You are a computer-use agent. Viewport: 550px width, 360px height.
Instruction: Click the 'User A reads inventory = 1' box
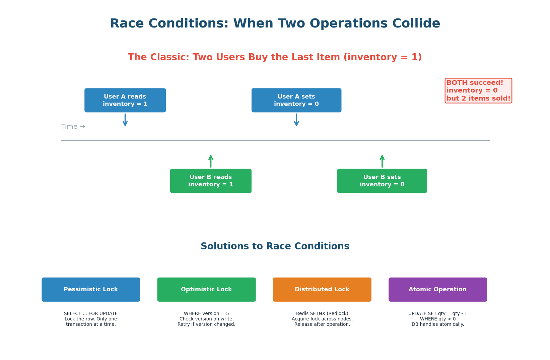pyautogui.click(x=125, y=100)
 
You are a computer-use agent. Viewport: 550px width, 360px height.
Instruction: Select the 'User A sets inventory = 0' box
pyautogui.click(x=296, y=100)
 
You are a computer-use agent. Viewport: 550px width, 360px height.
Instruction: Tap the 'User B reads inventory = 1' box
pyautogui.click(x=211, y=181)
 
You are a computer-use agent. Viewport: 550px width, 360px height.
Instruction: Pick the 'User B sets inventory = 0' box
pyautogui.click(x=382, y=181)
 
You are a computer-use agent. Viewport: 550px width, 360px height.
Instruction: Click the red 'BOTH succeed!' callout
pyautogui.click(x=478, y=91)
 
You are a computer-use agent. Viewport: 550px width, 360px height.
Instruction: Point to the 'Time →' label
pyautogui.click(x=73, y=127)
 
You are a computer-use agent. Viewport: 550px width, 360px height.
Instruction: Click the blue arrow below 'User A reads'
pyautogui.click(x=125, y=120)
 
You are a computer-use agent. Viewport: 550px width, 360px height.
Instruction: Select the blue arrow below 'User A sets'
pyautogui.click(x=296, y=120)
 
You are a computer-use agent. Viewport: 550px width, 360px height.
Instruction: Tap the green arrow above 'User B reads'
pyautogui.click(x=211, y=161)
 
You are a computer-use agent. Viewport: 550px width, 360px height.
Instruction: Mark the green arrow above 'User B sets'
pyautogui.click(x=382, y=161)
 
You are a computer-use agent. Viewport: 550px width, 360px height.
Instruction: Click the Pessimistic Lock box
pyautogui.click(x=91, y=289)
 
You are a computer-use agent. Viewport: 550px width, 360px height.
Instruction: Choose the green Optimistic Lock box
pyautogui.click(x=206, y=289)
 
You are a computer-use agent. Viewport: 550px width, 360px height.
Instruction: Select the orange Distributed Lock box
pyautogui.click(x=322, y=289)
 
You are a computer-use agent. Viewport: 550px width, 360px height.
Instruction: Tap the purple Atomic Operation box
pyautogui.click(x=437, y=289)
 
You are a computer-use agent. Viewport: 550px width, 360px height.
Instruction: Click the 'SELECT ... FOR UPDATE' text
pyautogui.click(x=91, y=314)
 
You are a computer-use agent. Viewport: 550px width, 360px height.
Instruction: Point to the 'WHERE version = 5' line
pyautogui.click(x=206, y=314)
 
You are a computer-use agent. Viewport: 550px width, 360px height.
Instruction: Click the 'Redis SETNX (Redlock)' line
pyautogui.click(x=322, y=314)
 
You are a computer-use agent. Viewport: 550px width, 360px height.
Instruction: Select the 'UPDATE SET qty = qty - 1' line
pyautogui.click(x=437, y=314)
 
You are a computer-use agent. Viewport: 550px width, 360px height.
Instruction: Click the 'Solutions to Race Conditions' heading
pyautogui.click(x=275, y=246)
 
